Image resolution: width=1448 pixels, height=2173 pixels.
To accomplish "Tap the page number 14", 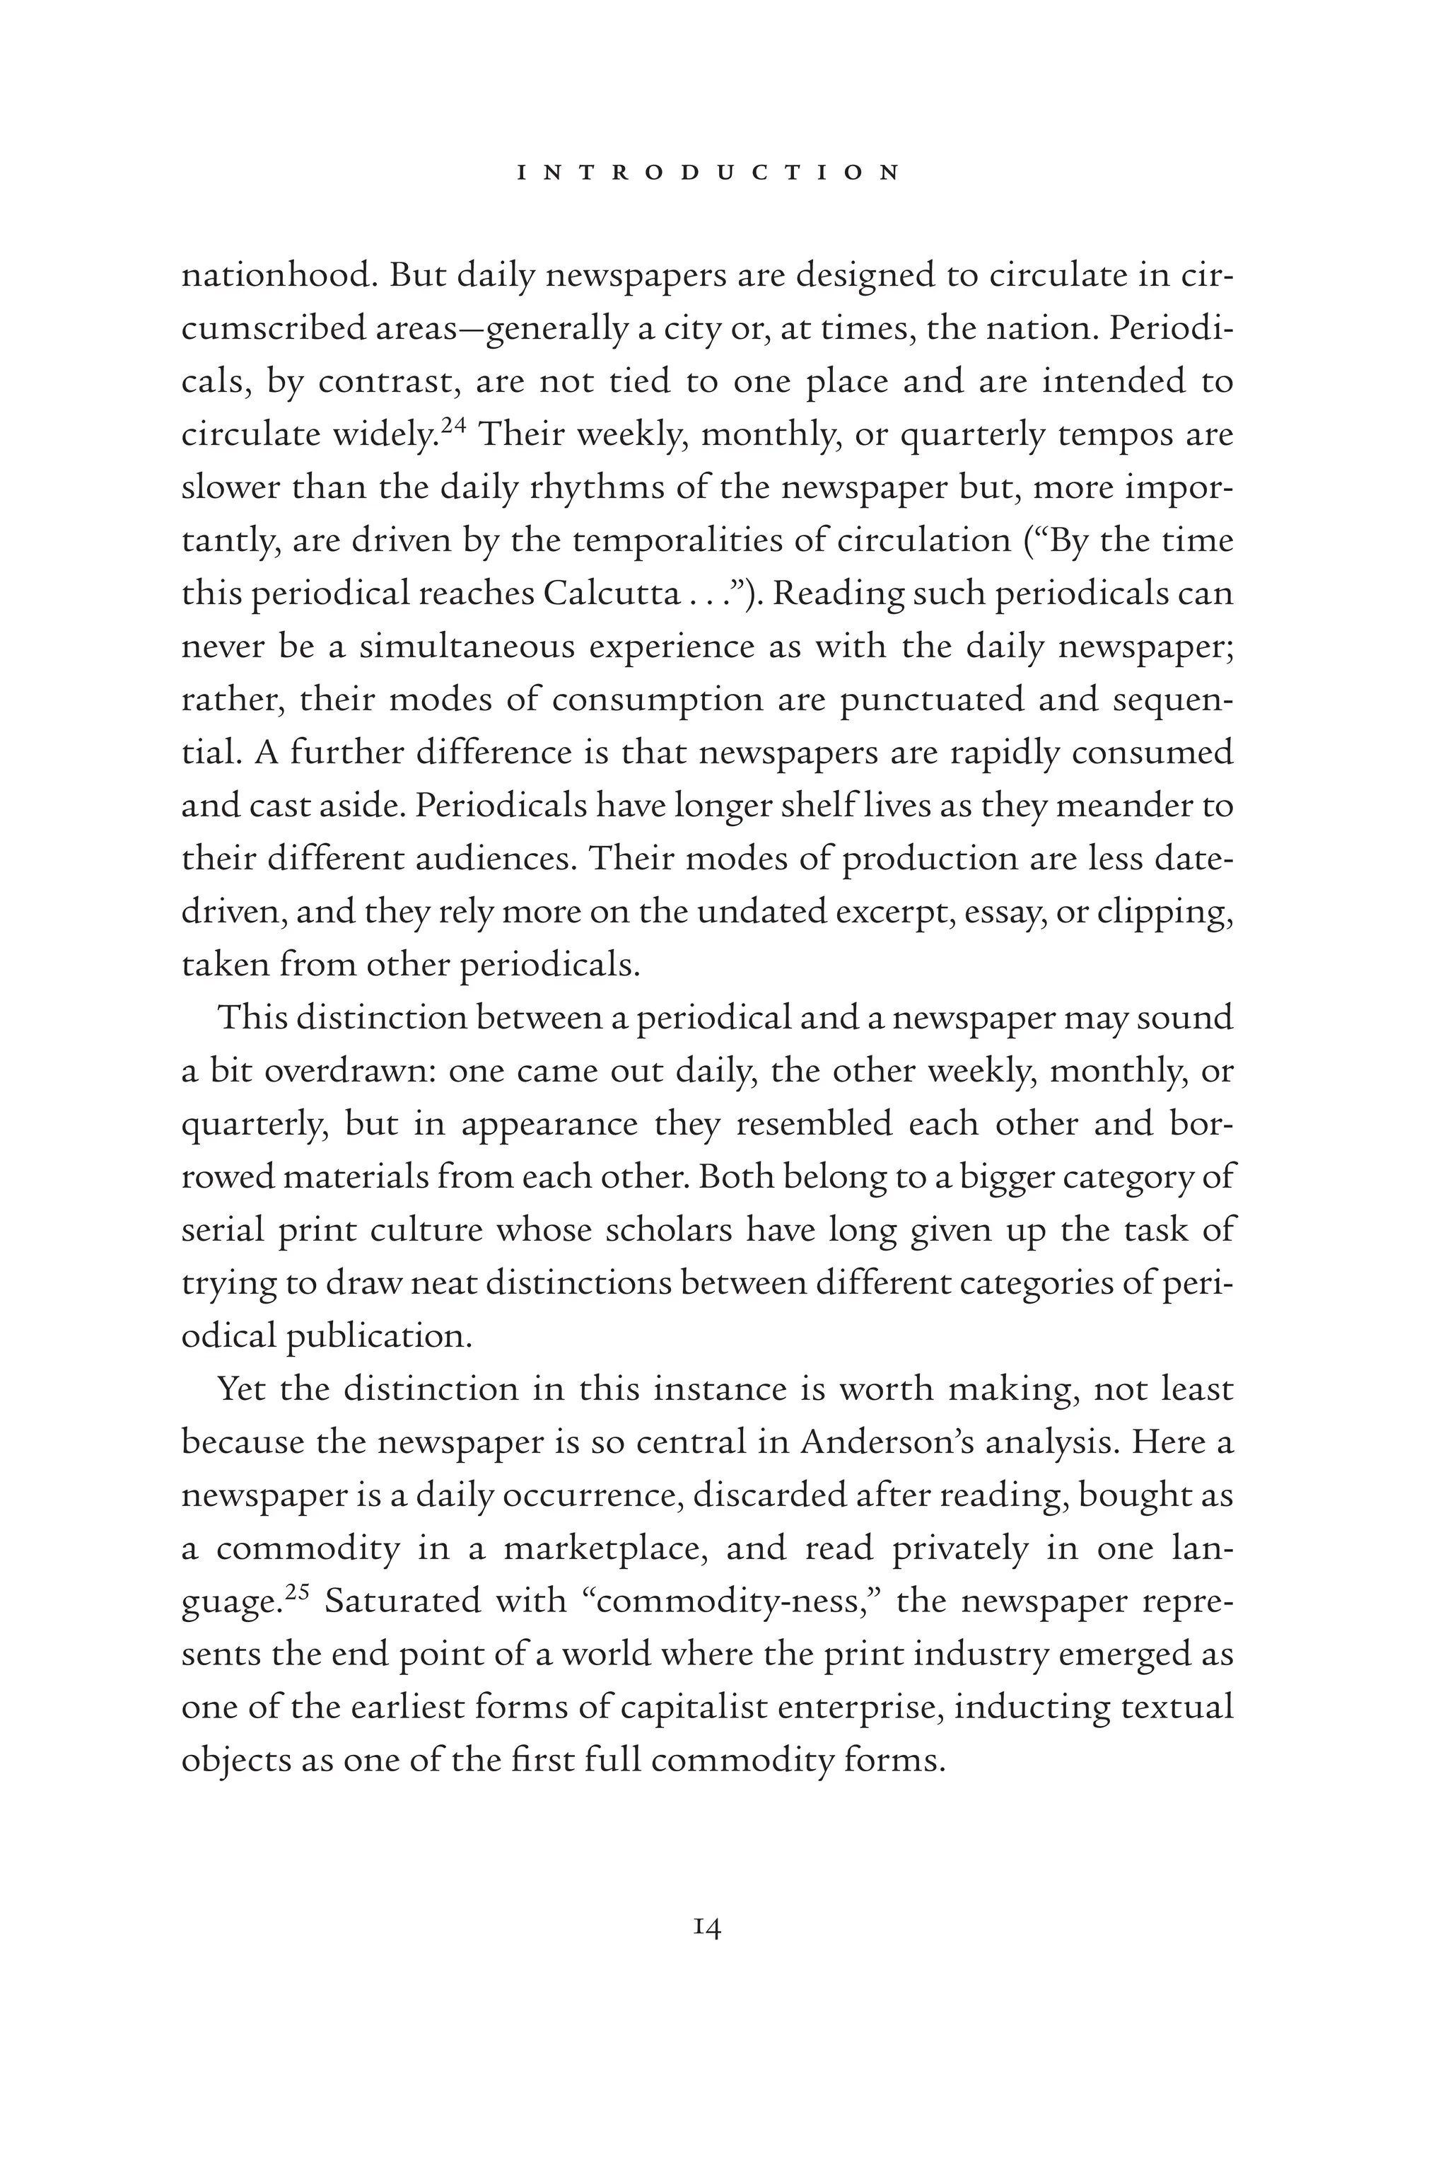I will (706, 1928).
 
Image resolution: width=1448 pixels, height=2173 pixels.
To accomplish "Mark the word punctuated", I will (932, 700).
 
